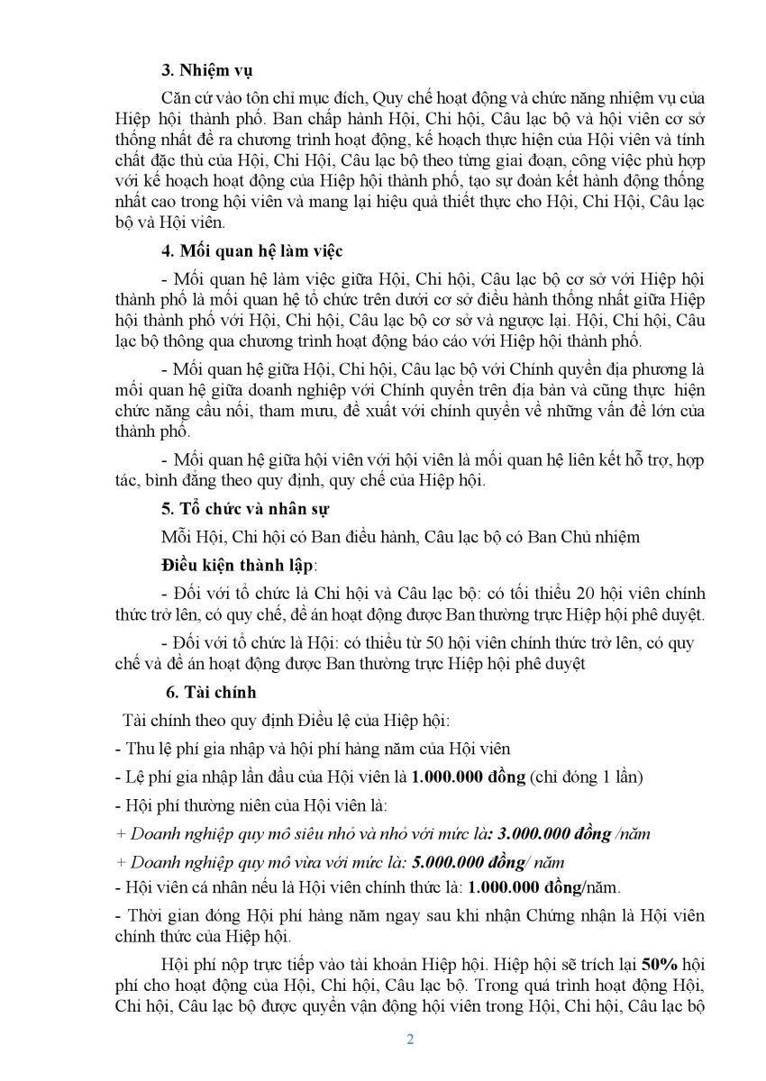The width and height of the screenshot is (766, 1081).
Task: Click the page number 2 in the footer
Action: point(411,1040)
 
